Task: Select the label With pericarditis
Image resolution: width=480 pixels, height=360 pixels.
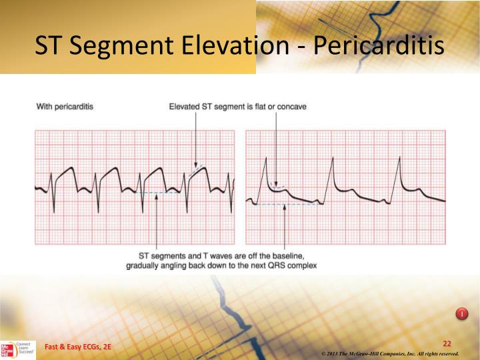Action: click(65, 107)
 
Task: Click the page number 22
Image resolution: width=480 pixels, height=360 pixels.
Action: click(447, 343)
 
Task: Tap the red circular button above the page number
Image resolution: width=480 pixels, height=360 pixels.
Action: click(461, 313)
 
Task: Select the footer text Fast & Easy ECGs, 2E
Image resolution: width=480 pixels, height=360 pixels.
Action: click(78, 347)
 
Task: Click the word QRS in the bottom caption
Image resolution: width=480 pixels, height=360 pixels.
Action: click(272, 265)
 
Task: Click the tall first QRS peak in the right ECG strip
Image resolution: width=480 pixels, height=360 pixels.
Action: click(266, 158)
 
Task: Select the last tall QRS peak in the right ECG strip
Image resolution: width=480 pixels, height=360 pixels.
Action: click(399, 158)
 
